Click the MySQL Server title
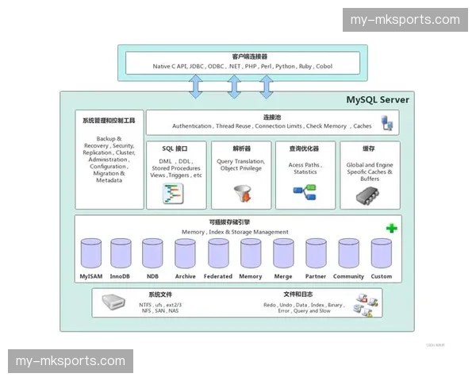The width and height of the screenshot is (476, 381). click(x=378, y=100)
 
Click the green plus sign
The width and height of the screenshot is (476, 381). click(x=391, y=229)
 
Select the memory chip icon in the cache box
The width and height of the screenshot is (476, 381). click(x=370, y=194)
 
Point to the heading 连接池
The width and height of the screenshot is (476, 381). click(x=273, y=117)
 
